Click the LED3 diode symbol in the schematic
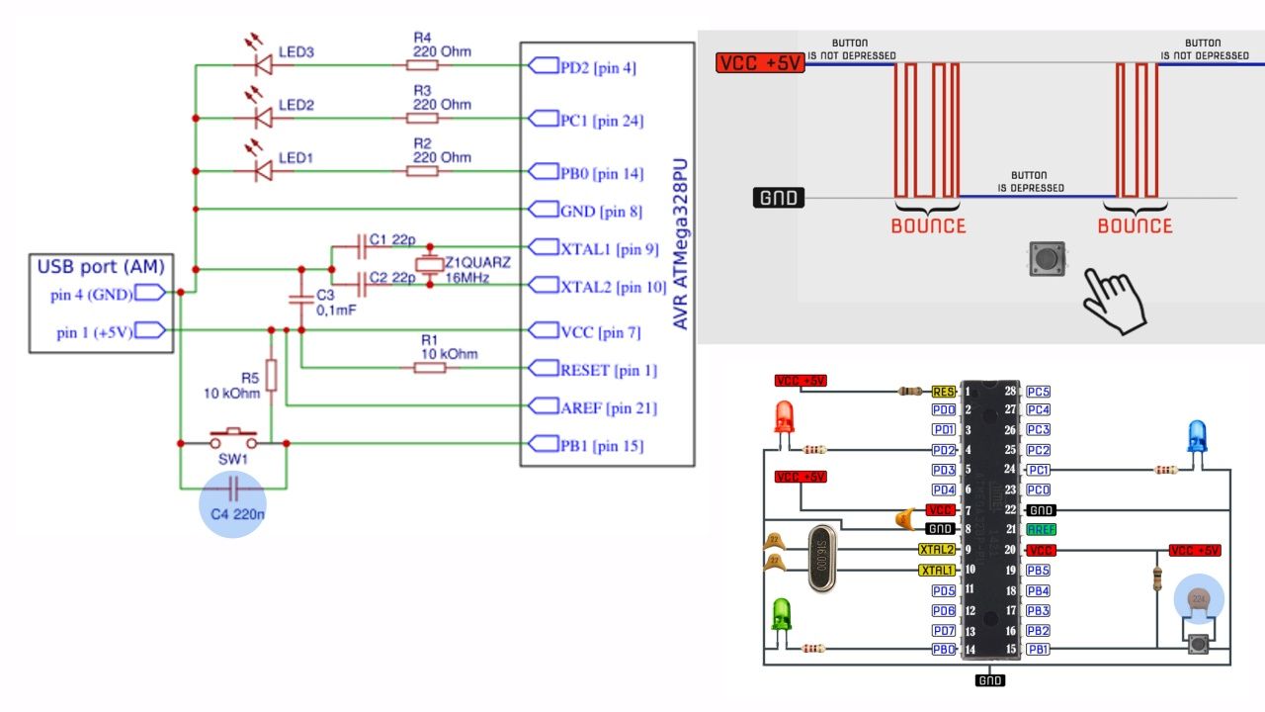tap(263, 65)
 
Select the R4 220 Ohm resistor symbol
tap(422, 65)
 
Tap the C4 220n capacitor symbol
tap(233, 488)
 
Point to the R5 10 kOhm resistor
tap(271, 376)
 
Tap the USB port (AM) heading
tap(101, 266)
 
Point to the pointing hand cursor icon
tap(1113, 298)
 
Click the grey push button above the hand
tap(1048, 259)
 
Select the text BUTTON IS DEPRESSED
tap(1030, 182)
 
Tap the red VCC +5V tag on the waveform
tap(758, 63)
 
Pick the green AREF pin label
tap(1041, 530)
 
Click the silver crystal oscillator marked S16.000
tap(822, 560)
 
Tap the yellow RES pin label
tap(943, 392)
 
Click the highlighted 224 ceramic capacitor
tap(1198, 599)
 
